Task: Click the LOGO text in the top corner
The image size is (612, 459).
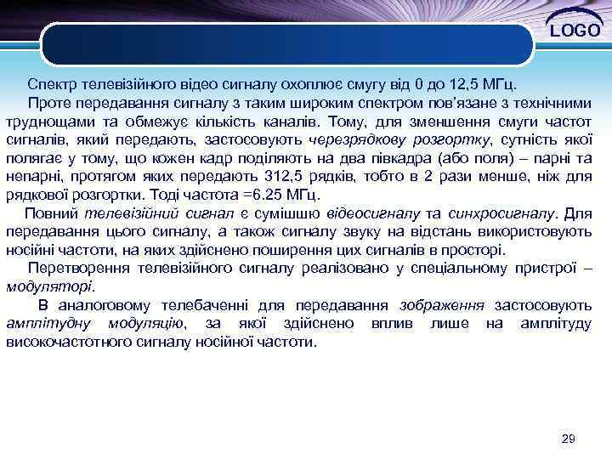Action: [575, 31]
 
